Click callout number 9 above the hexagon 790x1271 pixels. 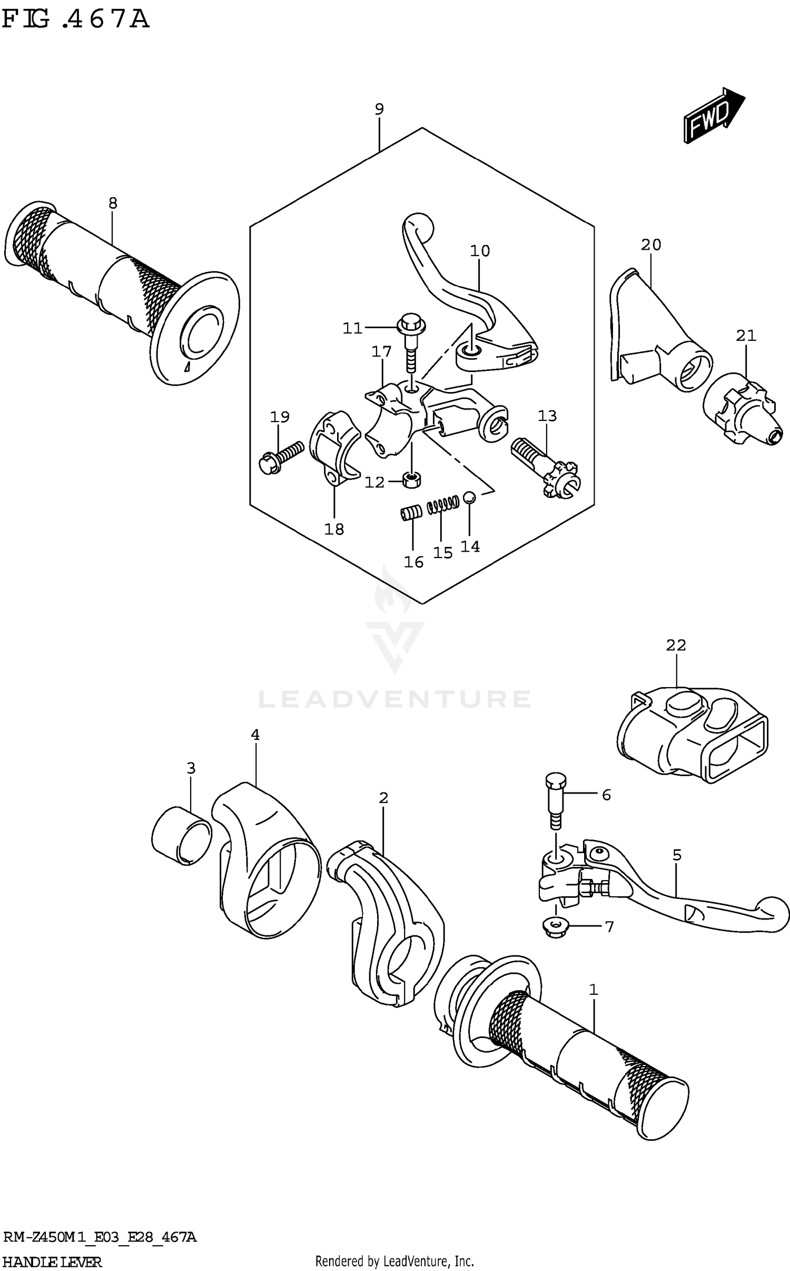(x=379, y=109)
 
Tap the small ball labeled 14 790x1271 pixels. (x=469, y=497)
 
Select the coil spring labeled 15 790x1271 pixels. (x=442, y=506)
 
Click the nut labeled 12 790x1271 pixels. (x=411, y=479)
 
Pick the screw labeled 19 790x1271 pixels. (x=281, y=456)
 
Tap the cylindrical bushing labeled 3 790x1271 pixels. (x=181, y=835)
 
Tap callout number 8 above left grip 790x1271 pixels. (x=113, y=203)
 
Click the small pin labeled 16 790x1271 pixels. (x=411, y=513)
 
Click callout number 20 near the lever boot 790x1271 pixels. (x=651, y=245)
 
